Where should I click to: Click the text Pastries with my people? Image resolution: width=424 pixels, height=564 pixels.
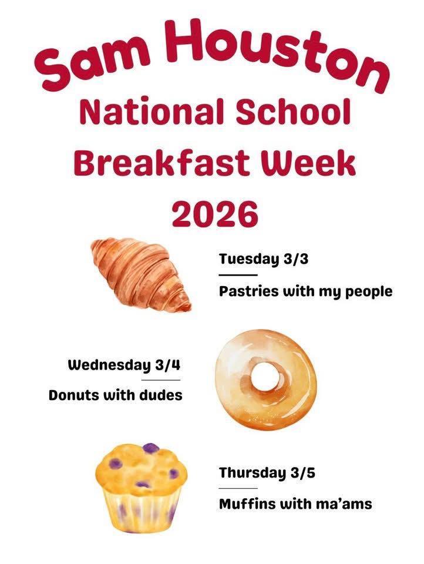(305, 291)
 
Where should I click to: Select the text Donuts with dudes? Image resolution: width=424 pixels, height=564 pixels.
(115, 395)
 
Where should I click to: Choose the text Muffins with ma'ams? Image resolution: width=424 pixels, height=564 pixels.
(295, 503)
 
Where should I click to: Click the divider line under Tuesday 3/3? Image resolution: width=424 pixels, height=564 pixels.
(238, 274)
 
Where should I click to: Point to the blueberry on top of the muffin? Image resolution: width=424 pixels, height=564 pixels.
(151, 448)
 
